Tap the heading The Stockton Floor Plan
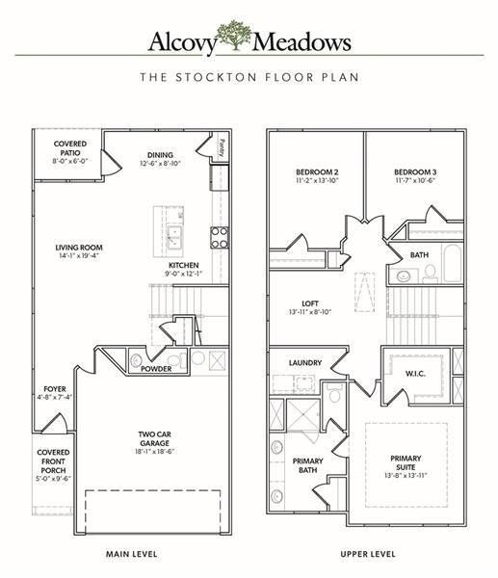pos(249,76)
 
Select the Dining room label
pos(160,155)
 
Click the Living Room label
pos(79,248)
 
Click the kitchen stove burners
pos(220,236)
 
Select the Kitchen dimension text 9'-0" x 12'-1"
pos(183,275)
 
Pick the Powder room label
pos(157,368)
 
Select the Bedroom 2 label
pos(316,172)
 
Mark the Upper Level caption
pos(368,555)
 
